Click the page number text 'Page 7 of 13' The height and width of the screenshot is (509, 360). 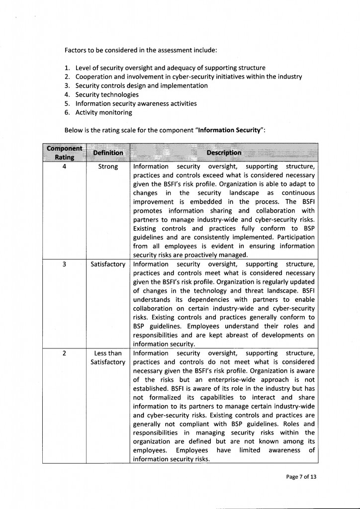pyautogui.click(x=301, y=477)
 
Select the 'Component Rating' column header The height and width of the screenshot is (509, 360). pyautogui.click(x=64, y=153)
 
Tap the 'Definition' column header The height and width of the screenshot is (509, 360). pyautogui.click(x=108, y=153)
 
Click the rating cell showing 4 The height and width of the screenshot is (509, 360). pyautogui.click(x=65, y=167)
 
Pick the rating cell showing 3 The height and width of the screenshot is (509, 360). pyautogui.click(x=65, y=264)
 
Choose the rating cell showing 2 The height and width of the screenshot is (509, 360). pyautogui.click(x=65, y=353)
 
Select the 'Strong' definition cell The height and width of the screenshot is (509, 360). pyautogui.click(x=108, y=167)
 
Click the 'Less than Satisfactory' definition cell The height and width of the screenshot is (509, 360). pyautogui.click(x=108, y=358)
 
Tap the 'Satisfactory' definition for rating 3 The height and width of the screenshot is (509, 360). pyautogui.click(x=108, y=264)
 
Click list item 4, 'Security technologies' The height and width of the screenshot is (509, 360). pyautogui.click(x=107, y=94)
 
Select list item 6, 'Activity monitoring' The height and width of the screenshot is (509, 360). pyautogui.click(x=103, y=112)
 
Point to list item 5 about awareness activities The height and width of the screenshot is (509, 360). pyautogui.click(x=136, y=103)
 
